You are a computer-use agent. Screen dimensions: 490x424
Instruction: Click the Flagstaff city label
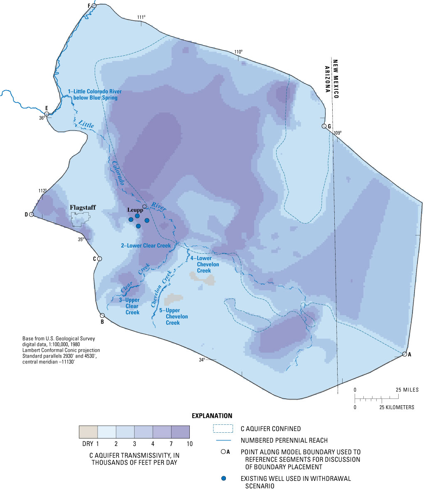tap(83, 207)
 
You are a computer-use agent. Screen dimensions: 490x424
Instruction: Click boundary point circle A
tap(404, 354)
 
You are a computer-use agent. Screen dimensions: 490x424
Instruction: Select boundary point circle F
tap(94, 6)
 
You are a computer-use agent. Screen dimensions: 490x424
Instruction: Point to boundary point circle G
tap(324, 126)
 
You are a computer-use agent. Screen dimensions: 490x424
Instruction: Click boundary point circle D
tap(31, 214)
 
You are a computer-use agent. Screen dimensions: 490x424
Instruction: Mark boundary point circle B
tap(102, 316)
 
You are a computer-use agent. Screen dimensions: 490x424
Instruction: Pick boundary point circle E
tap(47, 113)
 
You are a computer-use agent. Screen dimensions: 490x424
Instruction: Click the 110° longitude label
tap(238, 52)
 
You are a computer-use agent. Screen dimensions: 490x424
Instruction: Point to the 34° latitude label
tap(202, 360)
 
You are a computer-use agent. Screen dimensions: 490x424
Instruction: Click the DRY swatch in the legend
tap(88, 432)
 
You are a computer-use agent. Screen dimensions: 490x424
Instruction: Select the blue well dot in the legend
tap(224, 479)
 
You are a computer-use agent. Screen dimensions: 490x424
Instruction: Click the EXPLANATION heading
tap(212, 416)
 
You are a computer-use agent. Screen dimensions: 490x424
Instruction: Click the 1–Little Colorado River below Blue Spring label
tap(92, 94)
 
